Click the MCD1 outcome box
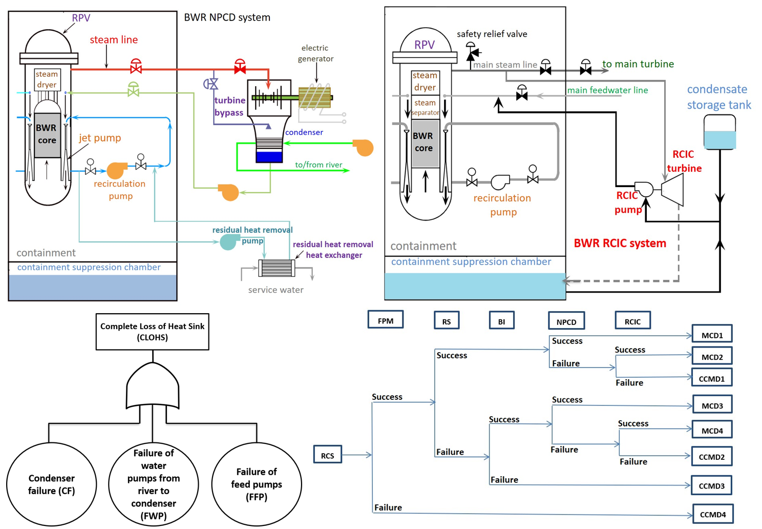[712, 334]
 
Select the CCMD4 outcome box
[712, 514]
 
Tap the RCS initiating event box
[327, 455]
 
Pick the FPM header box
[385, 320]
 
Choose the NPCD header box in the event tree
[566, 321]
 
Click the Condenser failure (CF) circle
[51, 484]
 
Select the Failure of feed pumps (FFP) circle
[256, 484]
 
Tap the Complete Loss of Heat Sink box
[152, 332]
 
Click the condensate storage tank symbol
[719, 132]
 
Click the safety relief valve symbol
[472, 52]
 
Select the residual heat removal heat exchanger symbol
[276, 268]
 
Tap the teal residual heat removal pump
[229, 241]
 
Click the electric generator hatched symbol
[314, 97]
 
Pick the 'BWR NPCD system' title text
[227, 17]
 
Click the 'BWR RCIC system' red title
[620, 243]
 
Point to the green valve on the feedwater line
[133, 90]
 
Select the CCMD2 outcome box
[711, 456]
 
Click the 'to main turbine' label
[638, 64]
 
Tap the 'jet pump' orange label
[100, 138]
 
